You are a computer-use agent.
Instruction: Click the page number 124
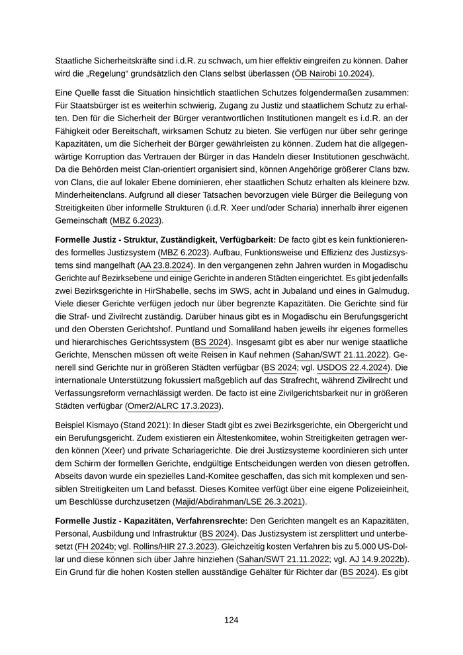[x=231, y=620]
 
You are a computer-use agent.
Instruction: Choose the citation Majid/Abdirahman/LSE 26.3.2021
[x=239, y=502]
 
